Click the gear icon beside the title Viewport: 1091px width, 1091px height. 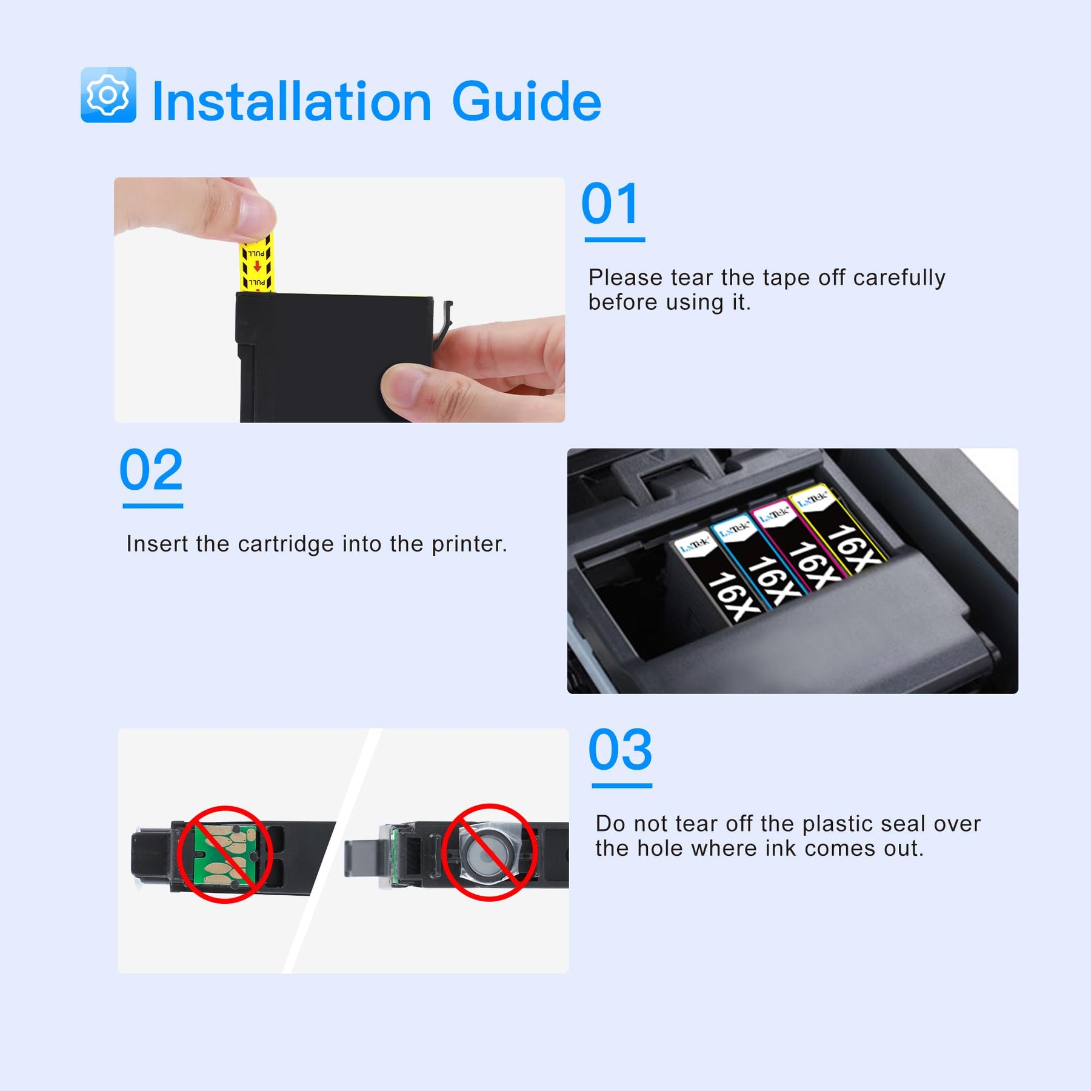pos(108,95)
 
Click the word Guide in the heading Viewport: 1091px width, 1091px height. pos(527,101)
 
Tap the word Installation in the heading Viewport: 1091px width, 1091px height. pos(292,101)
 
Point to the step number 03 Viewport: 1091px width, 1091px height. pos(620,750)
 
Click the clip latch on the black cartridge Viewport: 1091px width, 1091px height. pos(444,321)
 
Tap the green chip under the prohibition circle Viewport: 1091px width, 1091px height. pos(225,854)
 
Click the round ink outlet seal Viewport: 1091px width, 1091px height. pos(484,853)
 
